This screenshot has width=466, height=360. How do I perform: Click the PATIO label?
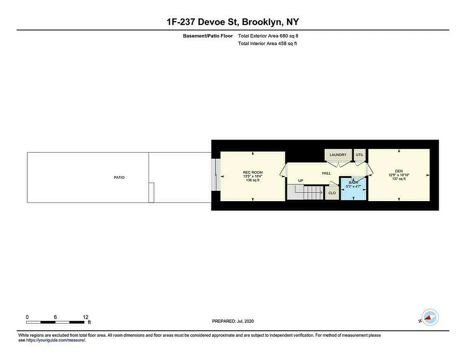click(119, 177)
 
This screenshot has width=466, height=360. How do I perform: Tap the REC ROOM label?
click(252, 172)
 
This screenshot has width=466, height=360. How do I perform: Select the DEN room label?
click(399, 171)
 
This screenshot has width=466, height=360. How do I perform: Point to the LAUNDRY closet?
click(338, 155)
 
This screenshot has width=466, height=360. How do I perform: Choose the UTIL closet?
click(359, 155)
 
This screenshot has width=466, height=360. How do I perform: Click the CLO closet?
click(332, 193)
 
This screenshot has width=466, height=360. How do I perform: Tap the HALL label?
click(326, 173)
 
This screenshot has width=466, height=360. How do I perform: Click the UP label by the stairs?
click(300, 181)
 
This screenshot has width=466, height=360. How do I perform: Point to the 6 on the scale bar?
click(55, 317)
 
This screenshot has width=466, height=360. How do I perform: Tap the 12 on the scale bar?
click(85, 317)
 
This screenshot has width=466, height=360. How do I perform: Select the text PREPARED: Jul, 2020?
click(233, 321)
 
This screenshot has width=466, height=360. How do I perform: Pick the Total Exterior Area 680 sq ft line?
click(268, 36)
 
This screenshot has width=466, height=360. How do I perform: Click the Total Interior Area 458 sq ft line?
click(267, 44)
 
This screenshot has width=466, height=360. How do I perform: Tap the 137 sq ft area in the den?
click(399, 179)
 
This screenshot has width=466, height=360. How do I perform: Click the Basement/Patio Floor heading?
click(208, 36)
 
